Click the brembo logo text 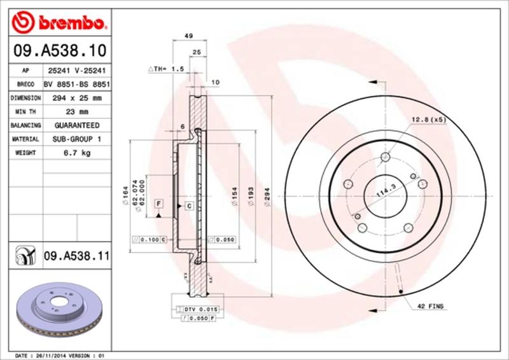69,24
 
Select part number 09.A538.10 58,50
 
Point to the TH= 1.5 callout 166,67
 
